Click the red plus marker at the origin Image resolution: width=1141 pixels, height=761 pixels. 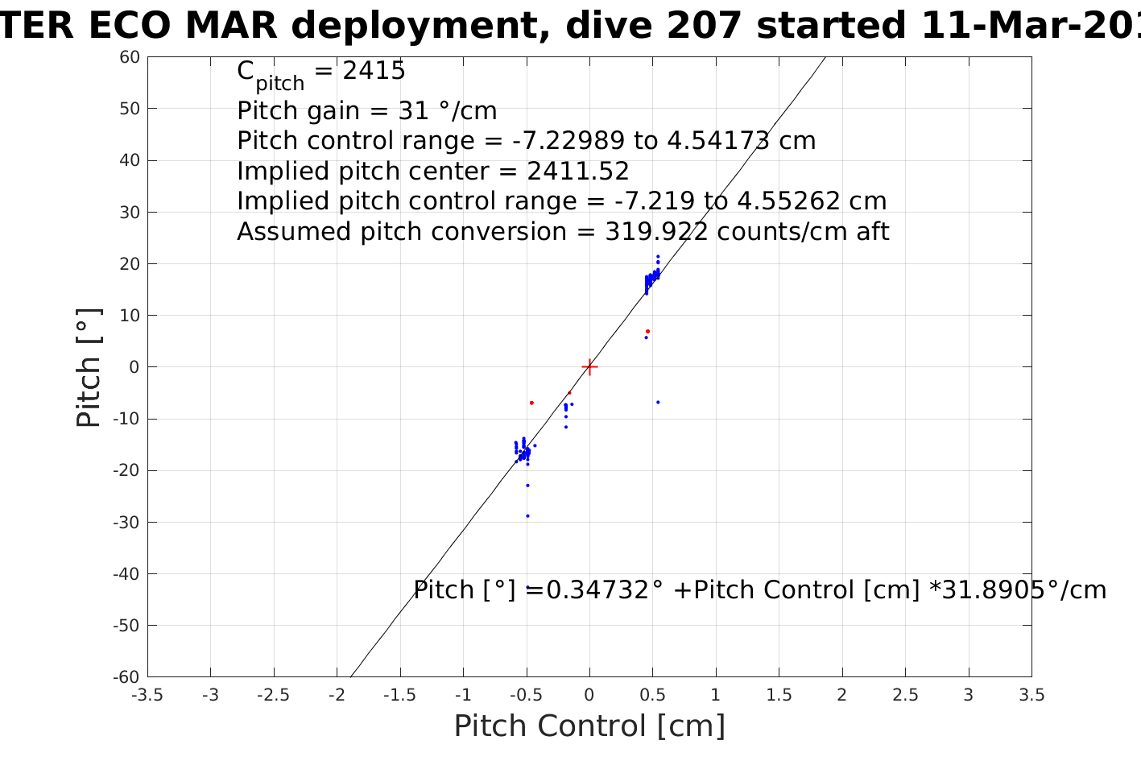tap(589, 367)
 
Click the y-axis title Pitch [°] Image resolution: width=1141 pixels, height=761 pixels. tap(89, 367)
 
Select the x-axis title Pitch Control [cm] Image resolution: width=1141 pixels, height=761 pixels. tap(589, 726)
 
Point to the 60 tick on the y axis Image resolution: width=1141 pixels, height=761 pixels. tap(130, 57)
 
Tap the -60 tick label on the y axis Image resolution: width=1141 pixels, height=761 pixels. tap(127, 677)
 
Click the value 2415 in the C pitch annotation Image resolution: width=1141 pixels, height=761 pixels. tap(374, 72)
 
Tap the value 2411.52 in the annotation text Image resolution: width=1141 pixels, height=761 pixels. tap(578, 172)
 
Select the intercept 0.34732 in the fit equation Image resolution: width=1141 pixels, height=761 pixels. tap(597, 590)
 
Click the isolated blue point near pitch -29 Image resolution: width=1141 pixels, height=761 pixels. tap(527, 516)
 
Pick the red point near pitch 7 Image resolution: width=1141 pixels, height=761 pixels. tap(647, 332)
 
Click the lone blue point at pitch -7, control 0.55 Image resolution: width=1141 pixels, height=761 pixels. tap(658, 402)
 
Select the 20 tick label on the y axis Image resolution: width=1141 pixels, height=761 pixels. tap(130, 264)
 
